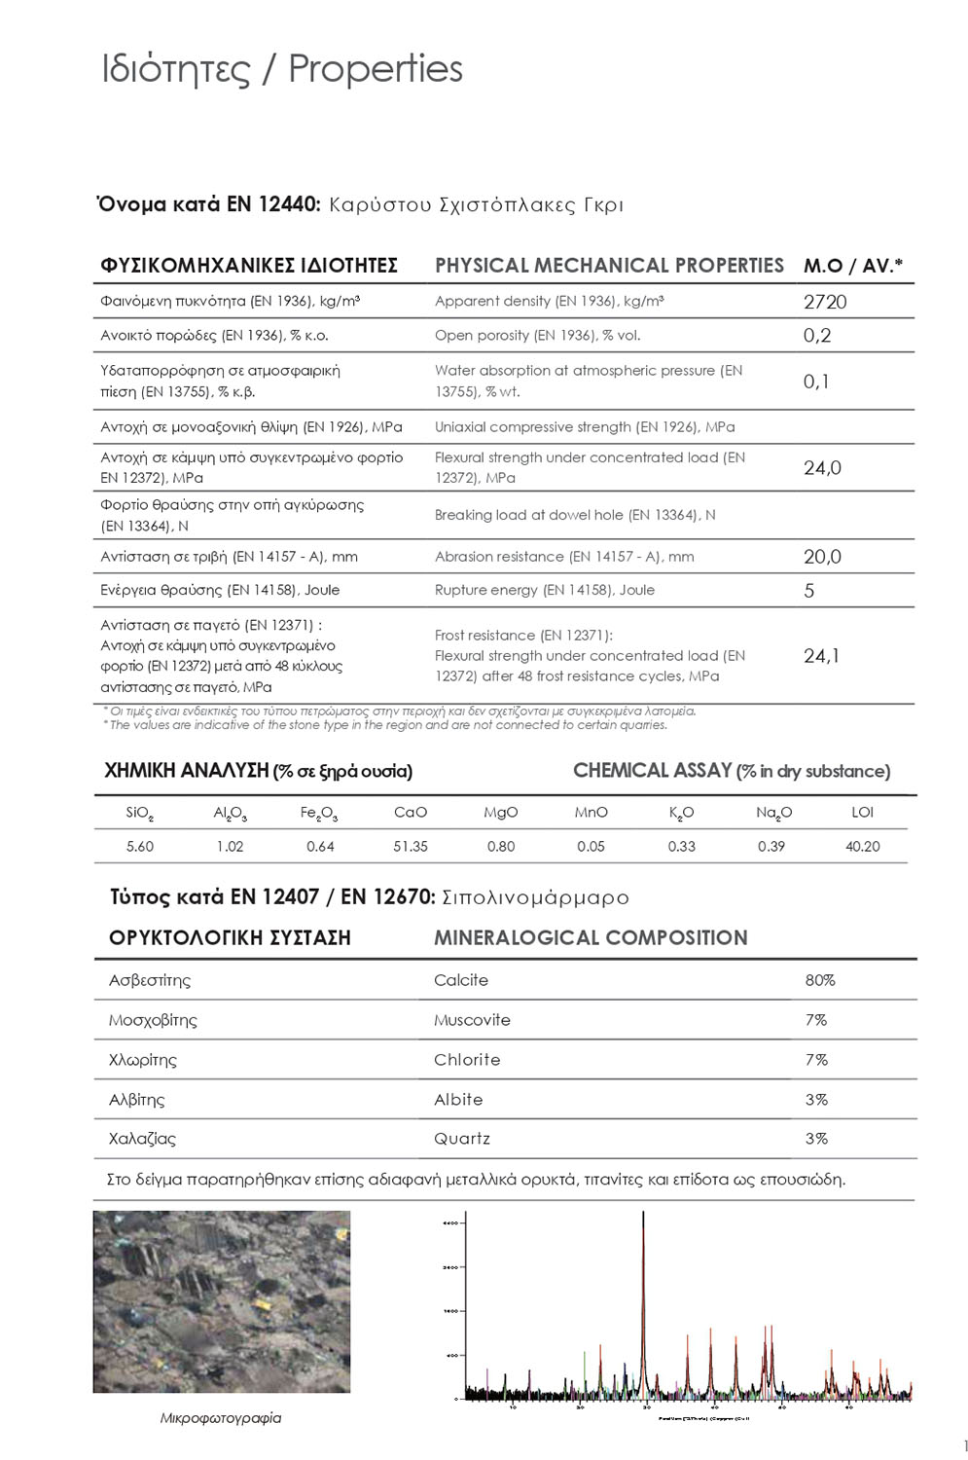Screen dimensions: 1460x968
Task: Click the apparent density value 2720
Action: [x=825, y=302]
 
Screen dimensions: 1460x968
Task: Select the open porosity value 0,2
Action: [x=817, y=336]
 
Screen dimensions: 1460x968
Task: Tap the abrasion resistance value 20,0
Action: [x=822, y=557]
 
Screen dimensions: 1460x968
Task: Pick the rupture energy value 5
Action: [x=809, y=591]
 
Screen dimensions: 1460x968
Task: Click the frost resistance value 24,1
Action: [x=822, y=656]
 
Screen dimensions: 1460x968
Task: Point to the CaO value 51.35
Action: [x=411, y=847]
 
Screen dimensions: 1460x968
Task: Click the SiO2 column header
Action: [x=140, y=813]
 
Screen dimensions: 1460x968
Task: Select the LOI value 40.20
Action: [x=862, y=847]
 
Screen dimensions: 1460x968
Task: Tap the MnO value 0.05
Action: [x=591, y=847]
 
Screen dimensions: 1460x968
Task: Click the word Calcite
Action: [x=461, y=980]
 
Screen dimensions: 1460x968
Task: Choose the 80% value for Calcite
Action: [x=820, y=980]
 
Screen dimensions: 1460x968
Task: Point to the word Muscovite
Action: [x=472, y=1020]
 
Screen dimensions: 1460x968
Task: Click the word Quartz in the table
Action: [x=462, y=1139]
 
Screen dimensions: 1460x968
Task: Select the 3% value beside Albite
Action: [x=816, y=1100]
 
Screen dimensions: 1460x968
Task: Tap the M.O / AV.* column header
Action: [x=853, y=266]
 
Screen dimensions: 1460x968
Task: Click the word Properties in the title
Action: [x=376, y=69]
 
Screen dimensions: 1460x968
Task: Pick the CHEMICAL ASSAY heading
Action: [x=652, y=771]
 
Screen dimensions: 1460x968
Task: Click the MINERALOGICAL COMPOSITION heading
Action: [x=591, y=938]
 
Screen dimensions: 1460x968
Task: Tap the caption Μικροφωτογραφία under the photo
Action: [x=221, y=1418]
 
